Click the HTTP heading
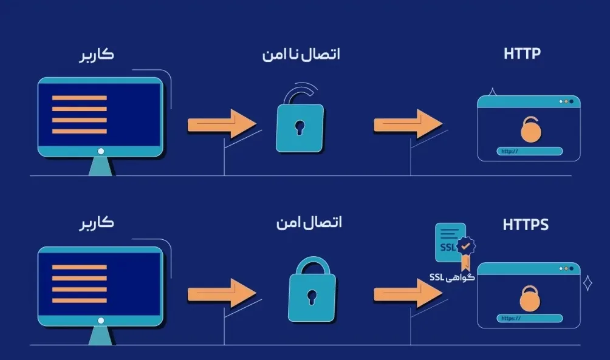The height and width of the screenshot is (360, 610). point(522,53)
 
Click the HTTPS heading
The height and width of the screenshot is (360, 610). point(526,225)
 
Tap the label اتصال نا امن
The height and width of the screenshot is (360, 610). point(301,54)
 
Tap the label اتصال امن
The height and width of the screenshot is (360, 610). point(309,223)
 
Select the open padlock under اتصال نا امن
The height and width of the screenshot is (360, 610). point(300,124)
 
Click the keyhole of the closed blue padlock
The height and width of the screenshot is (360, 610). point(312,297)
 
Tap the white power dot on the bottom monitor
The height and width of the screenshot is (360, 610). point(101,321)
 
